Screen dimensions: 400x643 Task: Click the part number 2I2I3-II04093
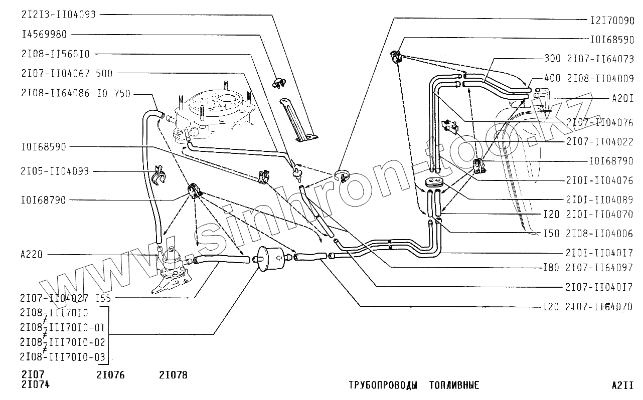click(x=58, y=15)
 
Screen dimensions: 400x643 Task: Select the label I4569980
click(x=44, y=34)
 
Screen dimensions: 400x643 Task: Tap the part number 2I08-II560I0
click(x=55, y=54)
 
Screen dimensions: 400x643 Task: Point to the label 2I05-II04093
click(x=55, y=171)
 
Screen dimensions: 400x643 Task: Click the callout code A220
click(x=32, y=255)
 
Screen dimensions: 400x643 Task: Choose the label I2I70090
click(x=611, y=21)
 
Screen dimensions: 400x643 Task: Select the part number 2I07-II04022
click(x=600, y=142)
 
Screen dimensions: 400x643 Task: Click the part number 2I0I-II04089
click(x=600, y=199)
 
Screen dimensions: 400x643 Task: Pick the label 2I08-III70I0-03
click(x=62, y=356)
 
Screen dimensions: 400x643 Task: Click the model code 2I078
click(x=173, y=375)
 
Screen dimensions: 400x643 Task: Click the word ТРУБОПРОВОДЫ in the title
click(x=383, y=385)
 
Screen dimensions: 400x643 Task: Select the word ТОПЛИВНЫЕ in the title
click(x=454, y=385)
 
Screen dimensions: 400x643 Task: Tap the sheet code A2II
click(x=622, y=385)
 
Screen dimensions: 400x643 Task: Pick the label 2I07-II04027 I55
click(x=66, y=299)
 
